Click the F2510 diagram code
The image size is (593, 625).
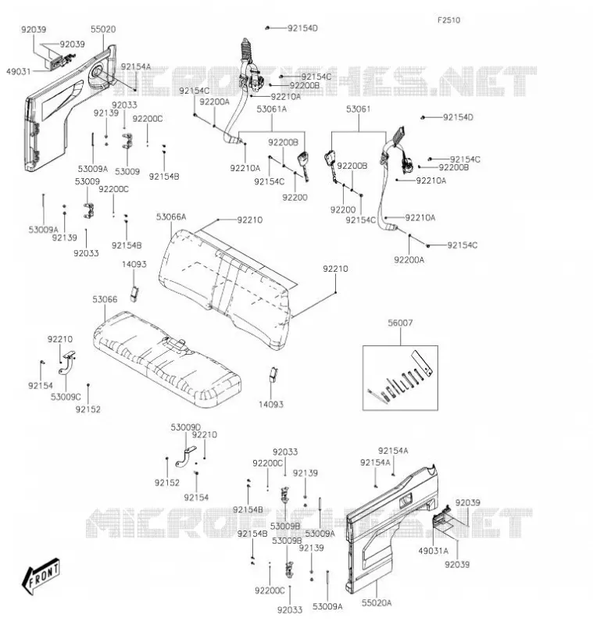pos(448,20)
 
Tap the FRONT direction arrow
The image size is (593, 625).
pos(41,575)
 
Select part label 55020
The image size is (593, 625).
pos(103,29)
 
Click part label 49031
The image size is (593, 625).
pos(18,71)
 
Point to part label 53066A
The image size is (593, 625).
pos(171,217)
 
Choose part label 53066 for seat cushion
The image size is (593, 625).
pos(105,299)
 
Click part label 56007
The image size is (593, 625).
pos(400,323)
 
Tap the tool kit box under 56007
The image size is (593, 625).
pos(400,378)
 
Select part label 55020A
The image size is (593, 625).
pos(377,603)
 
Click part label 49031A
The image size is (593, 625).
pos(433,551)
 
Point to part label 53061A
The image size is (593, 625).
pos(272,109)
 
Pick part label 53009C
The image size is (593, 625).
pos(66,397)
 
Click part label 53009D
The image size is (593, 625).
pos(186,427)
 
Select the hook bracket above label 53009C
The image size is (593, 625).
pos(66,362)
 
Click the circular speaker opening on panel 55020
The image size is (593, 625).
pos(96,73)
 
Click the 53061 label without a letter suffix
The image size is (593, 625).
pos(359,109)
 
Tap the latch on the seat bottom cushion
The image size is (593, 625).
pos(174,344)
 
